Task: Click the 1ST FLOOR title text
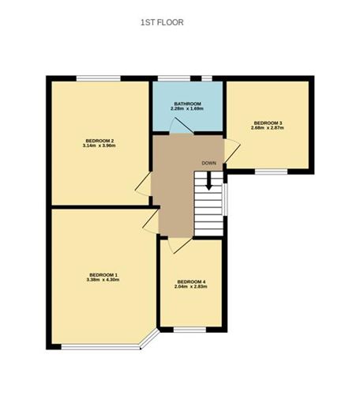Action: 161,23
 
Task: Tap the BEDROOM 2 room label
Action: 99,139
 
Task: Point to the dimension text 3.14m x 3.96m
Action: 99,145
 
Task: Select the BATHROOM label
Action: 188,104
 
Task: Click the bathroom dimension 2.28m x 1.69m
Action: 188,109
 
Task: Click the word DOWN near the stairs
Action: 208,163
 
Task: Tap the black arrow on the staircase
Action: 208,179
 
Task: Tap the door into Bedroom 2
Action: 144,183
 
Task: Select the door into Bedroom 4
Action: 178,244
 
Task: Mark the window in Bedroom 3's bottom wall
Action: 270,171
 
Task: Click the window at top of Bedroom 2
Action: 99,78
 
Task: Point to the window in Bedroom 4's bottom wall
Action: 189,329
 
